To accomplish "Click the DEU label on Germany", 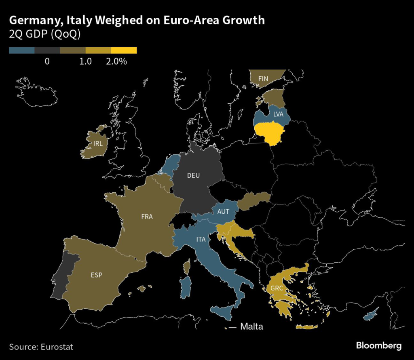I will click(194, 175).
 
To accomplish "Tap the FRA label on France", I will click(147, 217).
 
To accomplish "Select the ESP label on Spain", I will click(97, 276).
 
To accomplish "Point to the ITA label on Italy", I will click(201, 240).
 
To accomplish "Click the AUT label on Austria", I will click(223, 211).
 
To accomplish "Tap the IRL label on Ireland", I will click(98, 143).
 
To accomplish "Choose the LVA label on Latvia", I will click(278, 114).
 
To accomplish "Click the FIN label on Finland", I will click(263, 78).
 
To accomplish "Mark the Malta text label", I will click(251, 326).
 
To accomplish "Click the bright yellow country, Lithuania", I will click(272, 133).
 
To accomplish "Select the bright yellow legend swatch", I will click(124, 51).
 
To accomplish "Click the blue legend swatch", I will click(22, 51).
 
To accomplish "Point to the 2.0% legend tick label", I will click(116, 61).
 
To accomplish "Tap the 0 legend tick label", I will click(47, 61).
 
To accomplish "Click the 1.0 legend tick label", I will click(86, 61).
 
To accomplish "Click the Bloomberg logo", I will click(378, 345).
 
